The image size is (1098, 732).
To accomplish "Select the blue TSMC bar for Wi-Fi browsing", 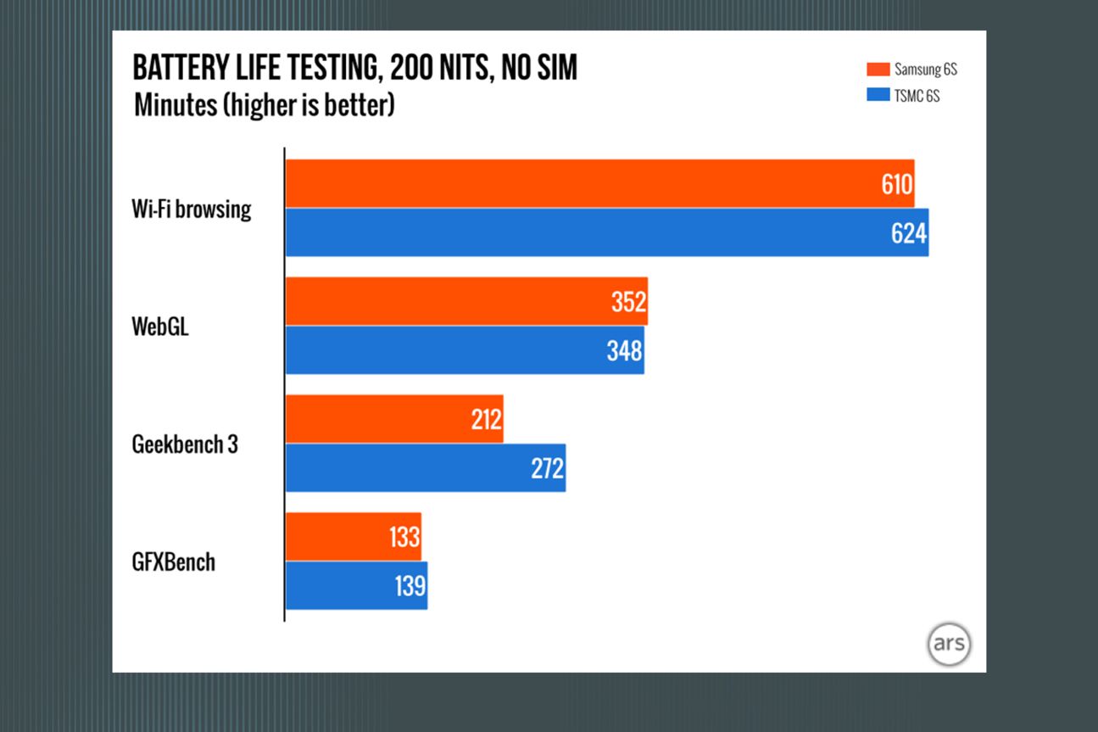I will click(594, 232).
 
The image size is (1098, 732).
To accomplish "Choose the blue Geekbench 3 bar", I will click(415, 468).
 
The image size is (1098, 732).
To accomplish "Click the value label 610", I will click(896, 184).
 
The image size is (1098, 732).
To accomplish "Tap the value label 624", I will click(909, 233).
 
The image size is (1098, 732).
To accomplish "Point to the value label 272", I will click(548, 468).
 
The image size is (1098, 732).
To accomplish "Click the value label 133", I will click(404, 537).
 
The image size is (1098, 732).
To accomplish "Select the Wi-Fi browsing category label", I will click(192, 209).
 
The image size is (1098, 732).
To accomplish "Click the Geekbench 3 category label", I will click(185, 444).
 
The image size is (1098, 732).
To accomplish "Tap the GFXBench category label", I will click(174, 562).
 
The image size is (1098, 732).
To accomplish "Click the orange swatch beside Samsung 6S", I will click(878, 70).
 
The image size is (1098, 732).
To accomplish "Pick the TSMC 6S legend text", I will click(917, 96).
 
